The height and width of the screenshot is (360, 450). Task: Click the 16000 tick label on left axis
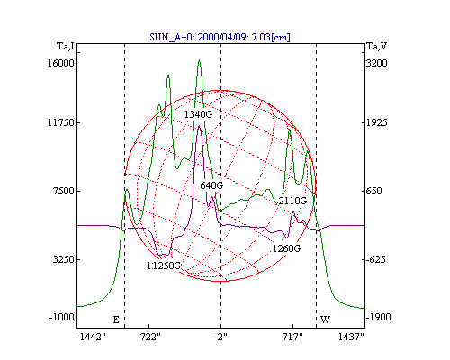point(61,63)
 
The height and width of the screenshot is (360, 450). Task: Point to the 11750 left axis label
point(61,122)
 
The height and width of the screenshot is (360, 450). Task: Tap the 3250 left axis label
point(64,259)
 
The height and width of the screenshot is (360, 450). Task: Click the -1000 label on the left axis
point(61,317)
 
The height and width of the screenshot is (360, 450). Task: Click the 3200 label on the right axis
point(376,63)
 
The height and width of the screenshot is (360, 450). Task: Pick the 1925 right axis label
point(376,122)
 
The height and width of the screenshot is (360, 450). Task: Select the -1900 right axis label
point(378,317)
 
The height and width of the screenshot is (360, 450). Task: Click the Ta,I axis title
point(65,47)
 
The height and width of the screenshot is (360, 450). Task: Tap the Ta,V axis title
point(377,47)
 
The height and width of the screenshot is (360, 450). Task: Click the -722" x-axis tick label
point(148,337)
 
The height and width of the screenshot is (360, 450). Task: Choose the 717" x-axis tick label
point(292,337)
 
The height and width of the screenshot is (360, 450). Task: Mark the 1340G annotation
point(198,114)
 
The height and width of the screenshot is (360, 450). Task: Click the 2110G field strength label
point(292,201)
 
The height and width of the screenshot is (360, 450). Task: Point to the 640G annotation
point(211,185)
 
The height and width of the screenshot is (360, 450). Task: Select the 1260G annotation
point(286,248)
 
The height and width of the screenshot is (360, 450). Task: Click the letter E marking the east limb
point(116,319)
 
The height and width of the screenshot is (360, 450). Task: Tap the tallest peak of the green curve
point(199,60)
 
